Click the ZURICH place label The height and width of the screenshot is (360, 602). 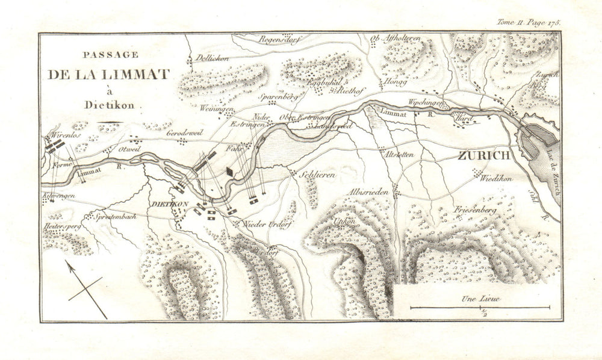pyautogui.click(x=484, y=155)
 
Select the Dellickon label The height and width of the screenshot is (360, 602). pyautogui.click(x=209, y=59)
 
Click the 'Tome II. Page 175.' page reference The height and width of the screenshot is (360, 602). pyautogui.click(x=529, y=22)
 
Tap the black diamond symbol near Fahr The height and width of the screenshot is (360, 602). pyautogui.click(x=230, y=172)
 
